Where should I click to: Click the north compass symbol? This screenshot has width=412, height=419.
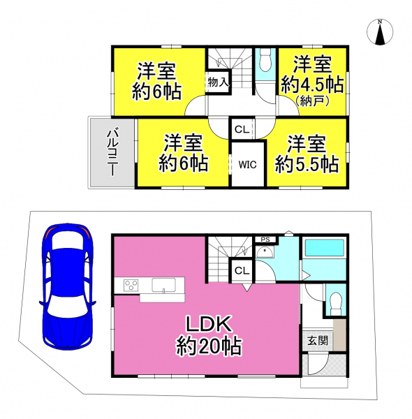pyautogui.click(x=380, y=32)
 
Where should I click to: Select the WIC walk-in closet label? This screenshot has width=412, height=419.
pyautogui.click(x=248, y=165)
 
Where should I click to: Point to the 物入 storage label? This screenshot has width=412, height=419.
pyautogui.click(x=219, y=82)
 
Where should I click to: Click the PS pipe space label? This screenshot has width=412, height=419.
pyautogui.click(x=265, y=240)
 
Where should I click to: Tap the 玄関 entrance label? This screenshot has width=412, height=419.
pyautogui.click(x=318, y=341)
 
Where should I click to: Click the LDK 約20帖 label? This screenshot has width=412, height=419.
pyautogui.click(x=209, y=336)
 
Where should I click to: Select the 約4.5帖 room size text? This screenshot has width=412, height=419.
pyautogui.click(x=312, y=85)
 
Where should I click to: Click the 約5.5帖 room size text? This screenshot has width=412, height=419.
pyautogui.click(x=307, y=164)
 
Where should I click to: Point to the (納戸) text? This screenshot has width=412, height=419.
pyautogui.click(x=312, y=101)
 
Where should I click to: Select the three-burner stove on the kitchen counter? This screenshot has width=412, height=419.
pyautogui.click(x=131, y=284)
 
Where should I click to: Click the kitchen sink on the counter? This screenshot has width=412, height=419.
pyautogui.click(x=164, y=285)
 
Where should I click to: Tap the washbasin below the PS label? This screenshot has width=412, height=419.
pyautogui.click(x=265, y=252)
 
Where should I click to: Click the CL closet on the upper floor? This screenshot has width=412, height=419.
pyautogui.click(x=242, y=129)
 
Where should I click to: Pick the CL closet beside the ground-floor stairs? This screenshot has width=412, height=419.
pyautogui.click(x=242, y=271)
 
